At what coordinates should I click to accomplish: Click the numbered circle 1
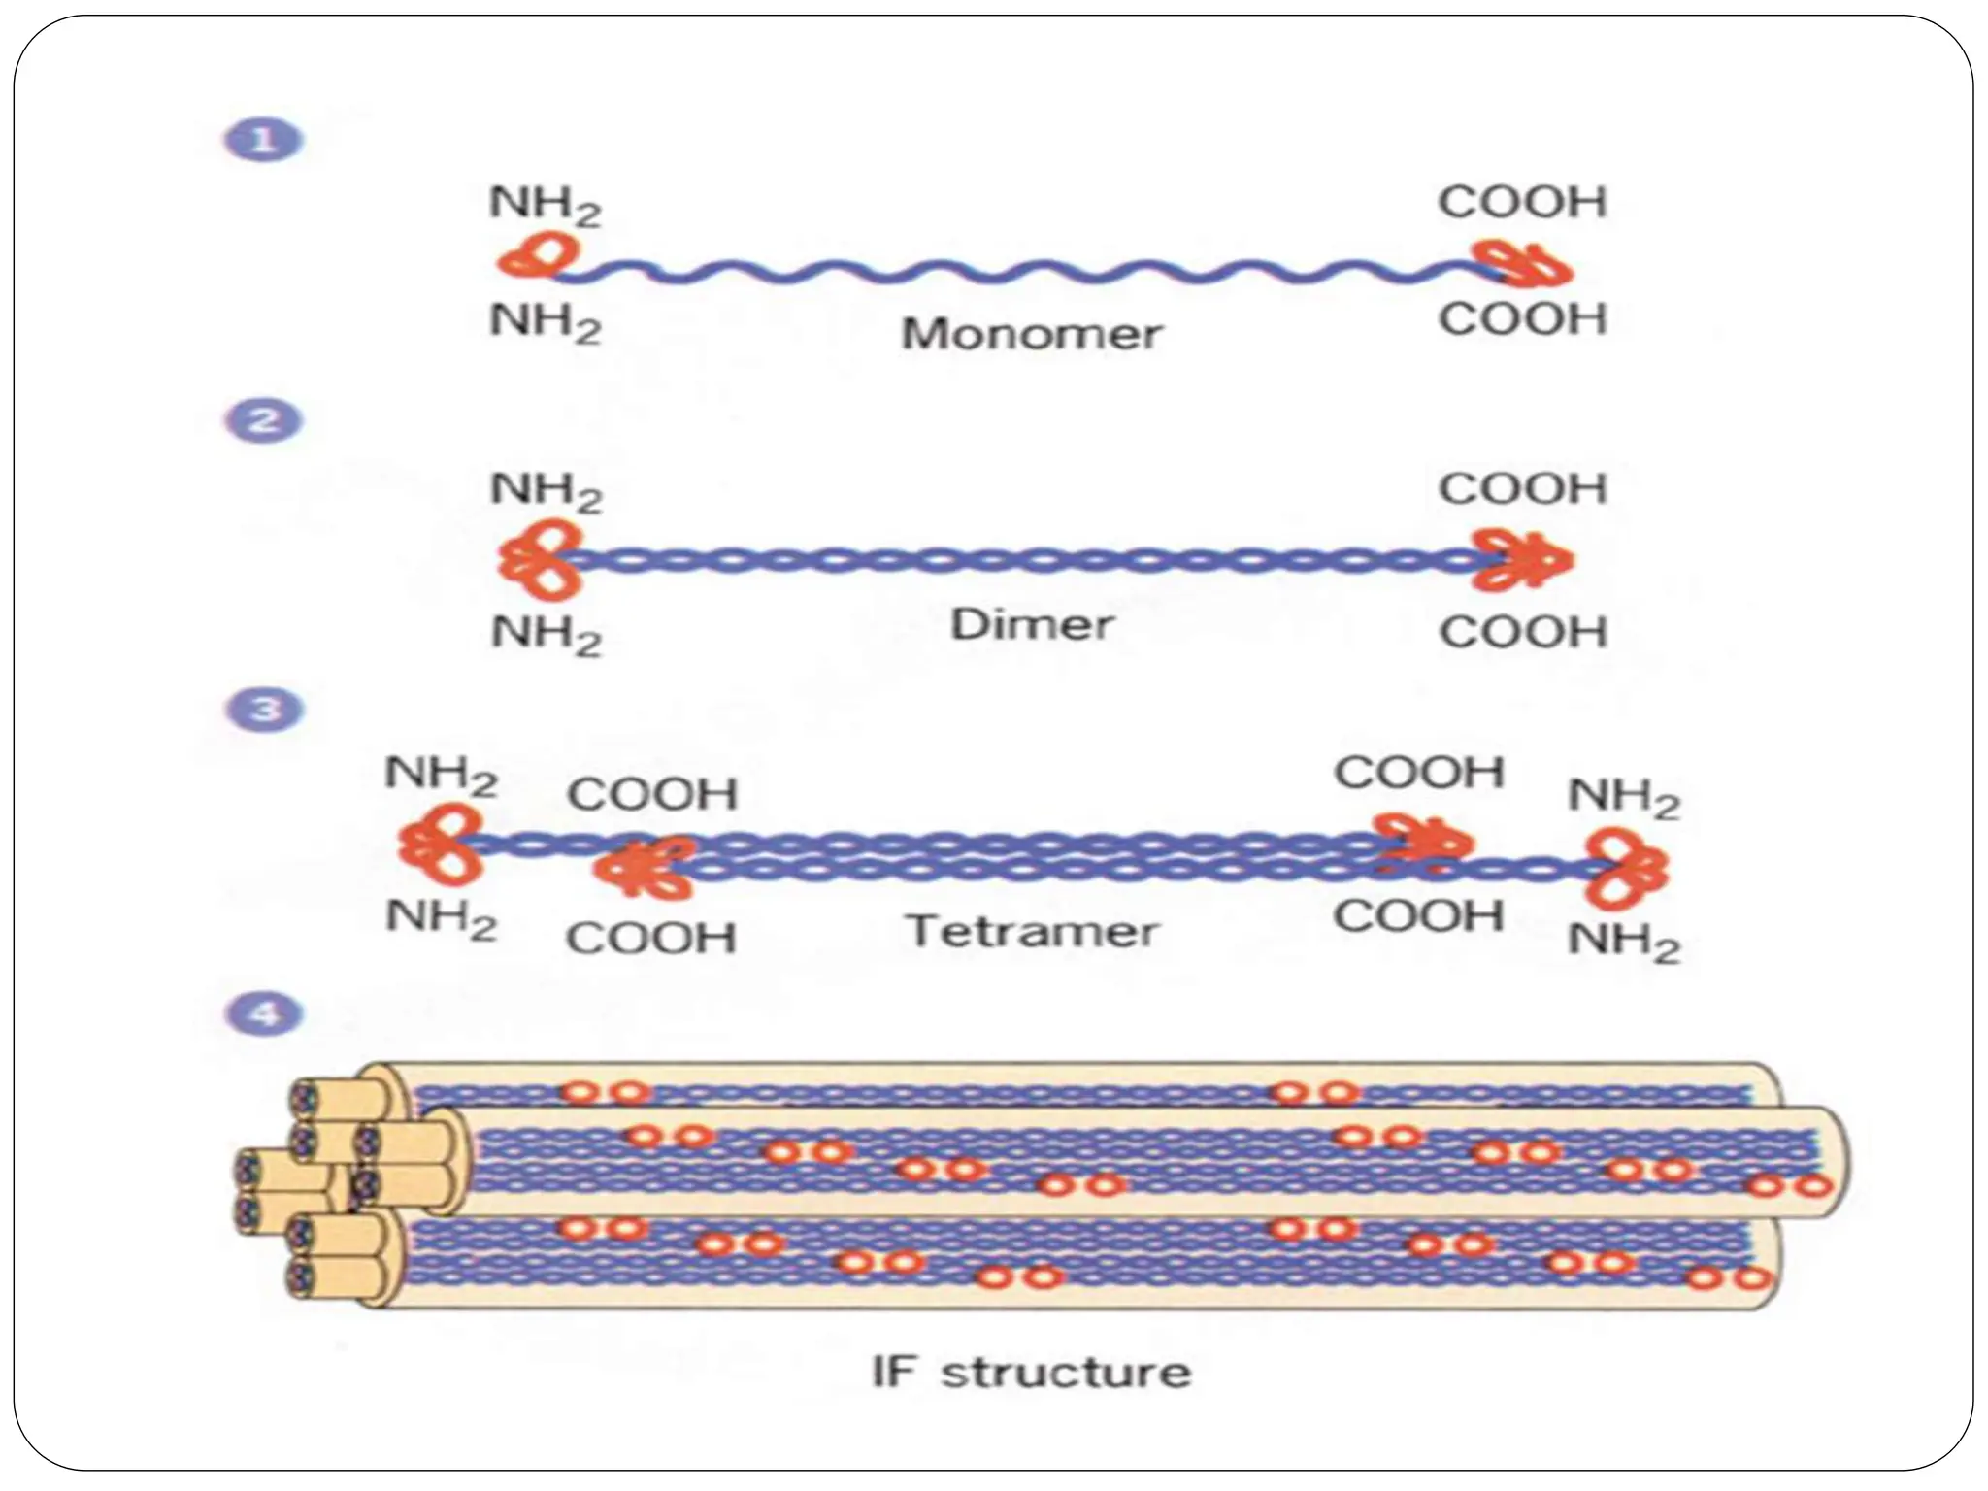click(x=263, y=141)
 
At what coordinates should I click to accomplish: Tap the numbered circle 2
click(x=265, y=421)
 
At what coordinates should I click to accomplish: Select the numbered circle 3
click(x=265, y=710)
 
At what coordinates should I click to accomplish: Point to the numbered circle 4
click(x=265, y=1015)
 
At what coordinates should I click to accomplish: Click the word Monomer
click(x=1031, y=335)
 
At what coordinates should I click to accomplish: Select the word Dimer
click(x=1031, y=624)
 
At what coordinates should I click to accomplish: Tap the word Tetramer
click(x=1031, y=932)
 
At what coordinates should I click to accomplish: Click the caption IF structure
click(x=1031, y=1373)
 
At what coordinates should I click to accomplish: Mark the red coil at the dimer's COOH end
click(x=1520, y=560)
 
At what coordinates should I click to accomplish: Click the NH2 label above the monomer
click(x=545, y=206)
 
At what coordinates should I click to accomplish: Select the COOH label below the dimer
click(x=1522, y=633)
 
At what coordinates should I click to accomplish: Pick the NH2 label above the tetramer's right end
click(x=1623, y=799)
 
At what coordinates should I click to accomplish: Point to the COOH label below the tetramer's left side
click(x=650, y=939)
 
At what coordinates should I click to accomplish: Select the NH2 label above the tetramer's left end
click(x=441, y=776)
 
